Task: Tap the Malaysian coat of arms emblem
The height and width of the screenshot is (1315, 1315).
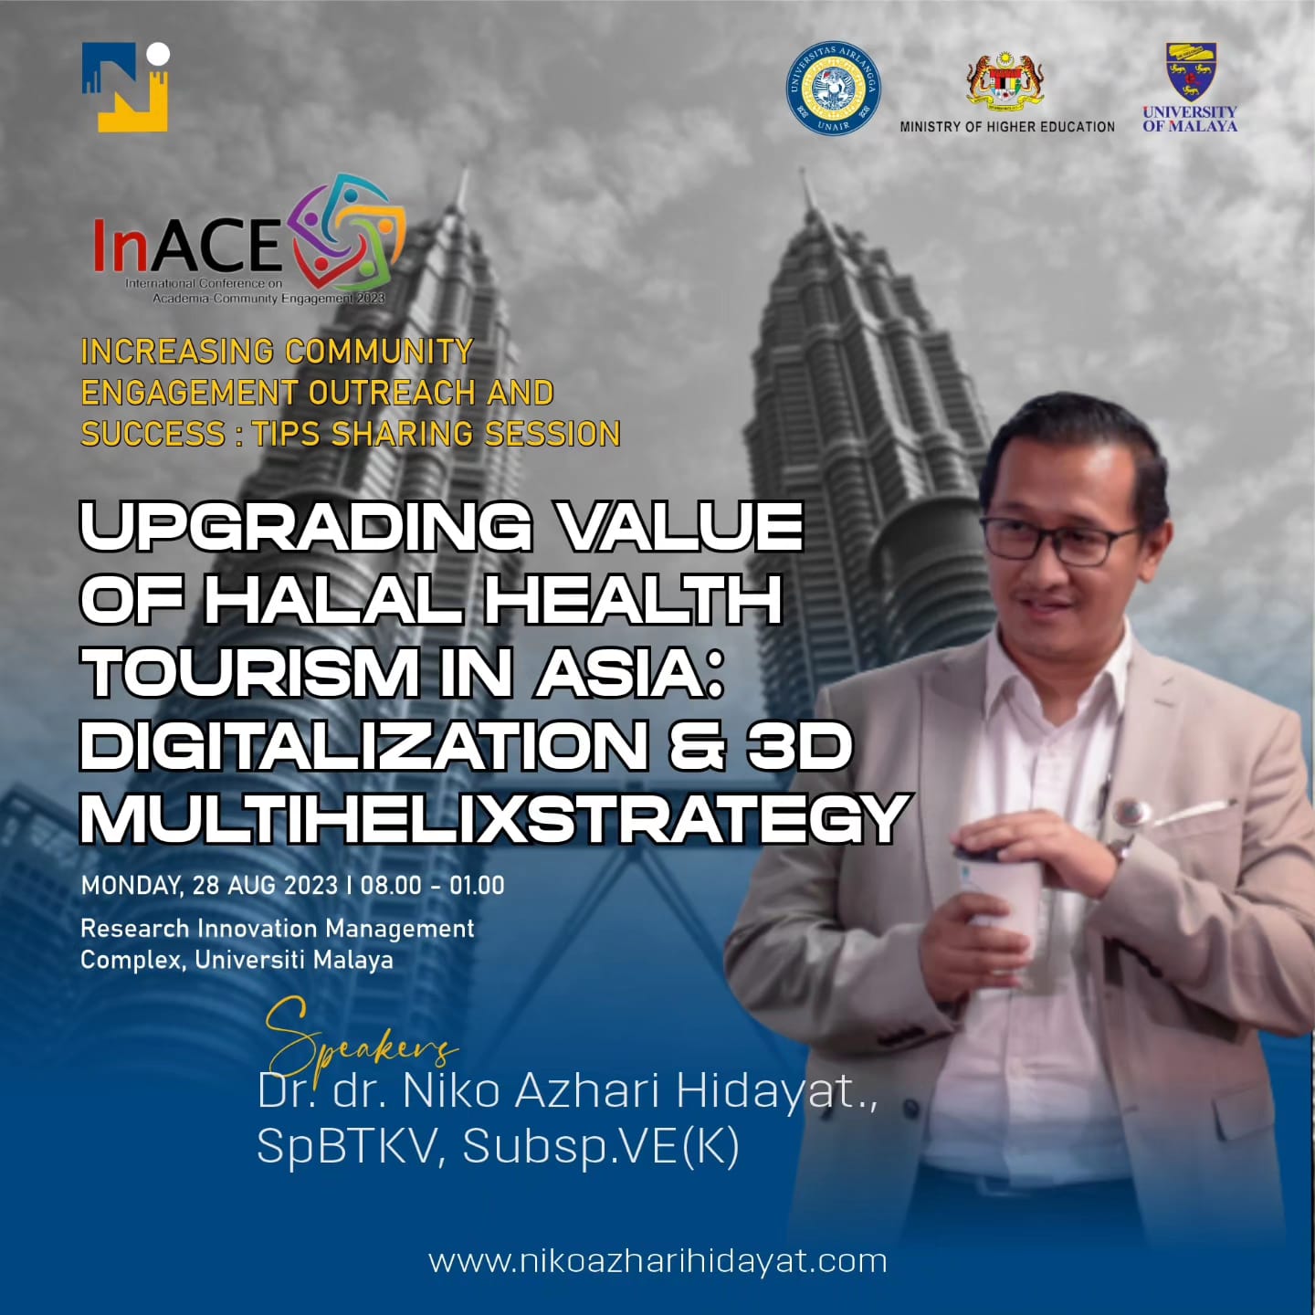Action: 1005,79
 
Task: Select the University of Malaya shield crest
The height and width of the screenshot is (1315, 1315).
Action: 1191,71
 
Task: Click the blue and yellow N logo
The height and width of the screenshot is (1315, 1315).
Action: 125,87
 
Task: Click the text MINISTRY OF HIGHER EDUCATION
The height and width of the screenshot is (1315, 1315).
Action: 1007,127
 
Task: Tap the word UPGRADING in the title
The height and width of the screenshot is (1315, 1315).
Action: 306,526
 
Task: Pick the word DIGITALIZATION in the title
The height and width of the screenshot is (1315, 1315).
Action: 363,746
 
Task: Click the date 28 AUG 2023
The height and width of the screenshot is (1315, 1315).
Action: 265,886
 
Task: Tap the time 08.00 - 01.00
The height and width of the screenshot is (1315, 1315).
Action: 433,886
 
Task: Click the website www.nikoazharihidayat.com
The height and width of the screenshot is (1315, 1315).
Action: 657,1261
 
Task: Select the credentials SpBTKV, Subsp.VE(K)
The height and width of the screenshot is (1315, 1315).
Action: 499,1146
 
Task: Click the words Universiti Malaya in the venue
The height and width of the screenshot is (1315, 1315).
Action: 294,961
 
